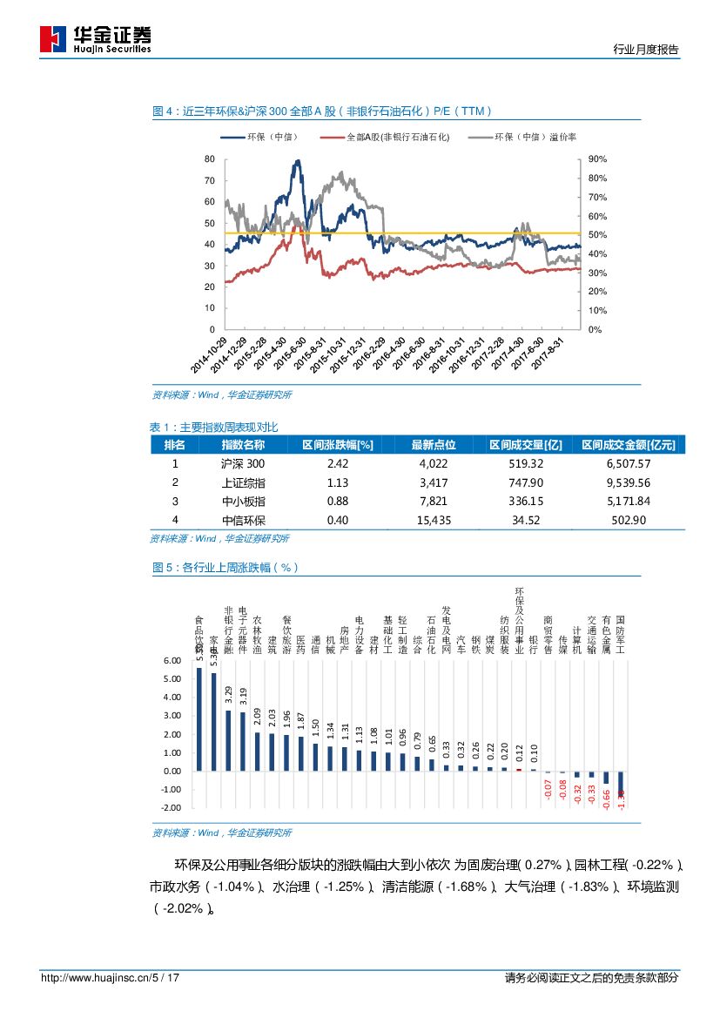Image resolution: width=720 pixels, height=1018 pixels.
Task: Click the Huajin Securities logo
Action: [96, 37]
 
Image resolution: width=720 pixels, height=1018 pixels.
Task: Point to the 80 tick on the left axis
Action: [209, 159]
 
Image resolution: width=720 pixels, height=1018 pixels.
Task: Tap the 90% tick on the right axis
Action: [597, 159]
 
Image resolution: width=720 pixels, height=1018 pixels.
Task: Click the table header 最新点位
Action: [434, 444]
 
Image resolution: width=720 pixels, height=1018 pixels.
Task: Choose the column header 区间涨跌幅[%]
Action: [338, 444]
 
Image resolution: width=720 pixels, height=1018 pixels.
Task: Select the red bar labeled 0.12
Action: [519, 769]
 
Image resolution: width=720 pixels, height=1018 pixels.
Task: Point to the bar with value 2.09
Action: [257, 751]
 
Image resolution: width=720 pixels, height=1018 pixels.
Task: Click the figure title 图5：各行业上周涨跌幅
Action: [225, 567]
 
